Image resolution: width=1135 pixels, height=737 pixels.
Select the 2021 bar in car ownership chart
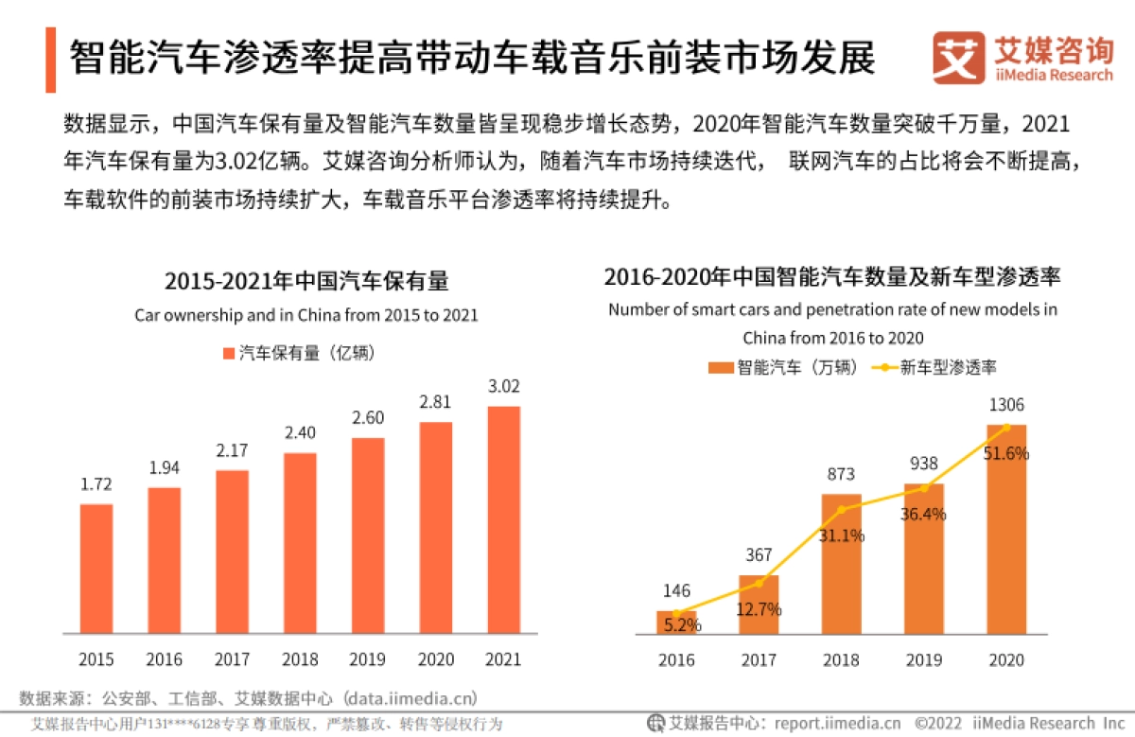[503, 519]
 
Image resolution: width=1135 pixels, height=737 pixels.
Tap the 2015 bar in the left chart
[96, 568]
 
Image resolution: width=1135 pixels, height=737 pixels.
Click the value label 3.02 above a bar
[503, 386]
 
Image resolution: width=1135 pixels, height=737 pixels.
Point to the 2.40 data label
[300, 432]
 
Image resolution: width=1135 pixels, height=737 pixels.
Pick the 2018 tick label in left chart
[300, 658]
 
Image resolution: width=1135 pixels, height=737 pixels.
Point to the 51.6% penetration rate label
[1006, 453]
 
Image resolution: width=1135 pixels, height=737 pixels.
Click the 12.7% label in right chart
[759, 609]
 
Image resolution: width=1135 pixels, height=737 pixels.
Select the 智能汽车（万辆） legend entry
[784, 367]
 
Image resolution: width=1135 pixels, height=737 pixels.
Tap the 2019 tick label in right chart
[924, 658]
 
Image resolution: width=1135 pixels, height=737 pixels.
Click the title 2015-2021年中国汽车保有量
[306, 281]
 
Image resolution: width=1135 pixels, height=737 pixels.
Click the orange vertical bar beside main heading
[50, 60]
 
